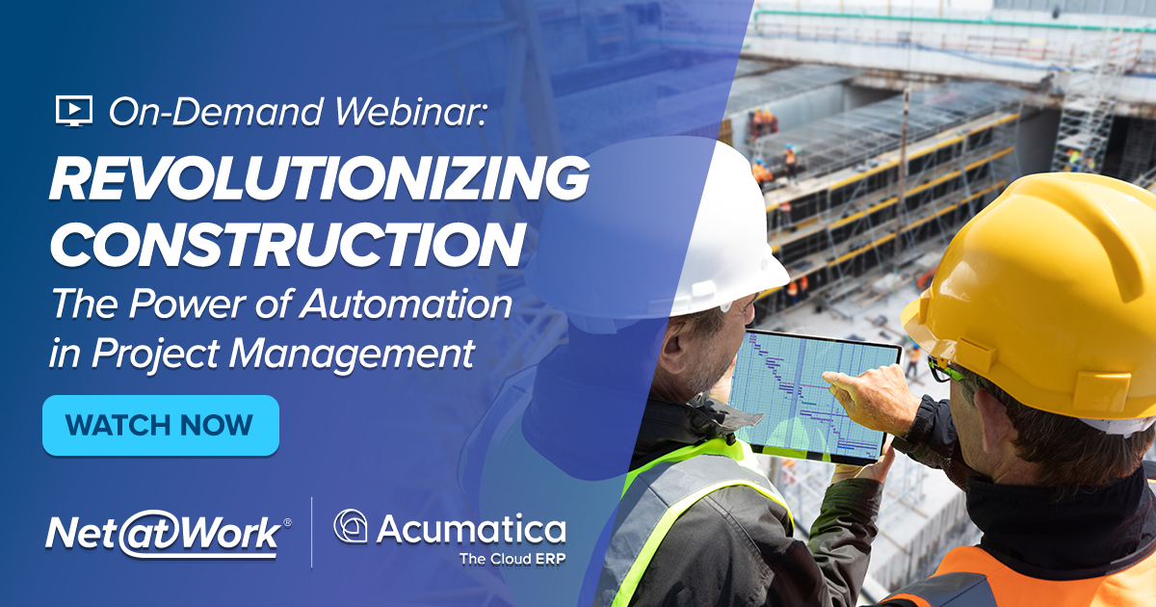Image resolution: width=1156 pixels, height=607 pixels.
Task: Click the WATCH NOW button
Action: [x=160, y=425]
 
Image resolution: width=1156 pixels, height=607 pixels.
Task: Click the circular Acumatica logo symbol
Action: [x=350, y=527]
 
